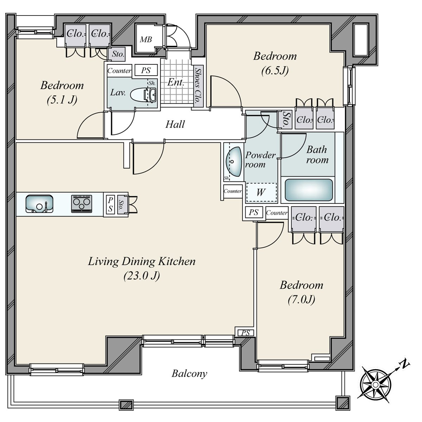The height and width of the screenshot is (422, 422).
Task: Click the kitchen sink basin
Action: tap(39, 204)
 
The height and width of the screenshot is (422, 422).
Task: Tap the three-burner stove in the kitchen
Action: tap(82, 204)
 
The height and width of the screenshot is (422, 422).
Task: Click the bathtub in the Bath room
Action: tap(309, 190)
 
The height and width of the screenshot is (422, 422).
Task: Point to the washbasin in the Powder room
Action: tap(234, 161)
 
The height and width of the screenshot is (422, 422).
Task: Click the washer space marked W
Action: tap(262, 192)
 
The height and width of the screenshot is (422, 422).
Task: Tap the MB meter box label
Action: tap(146, 40)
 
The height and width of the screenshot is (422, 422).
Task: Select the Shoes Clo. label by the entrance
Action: tap(198, 85)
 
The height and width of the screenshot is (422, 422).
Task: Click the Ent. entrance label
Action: tap(176, 82)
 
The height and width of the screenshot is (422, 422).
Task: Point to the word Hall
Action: tap(175, 124)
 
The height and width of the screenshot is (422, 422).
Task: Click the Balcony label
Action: tap(190, 374)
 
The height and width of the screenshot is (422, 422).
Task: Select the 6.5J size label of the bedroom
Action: tap(275, 71)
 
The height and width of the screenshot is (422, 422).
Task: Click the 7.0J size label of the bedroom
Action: tap(301, 300)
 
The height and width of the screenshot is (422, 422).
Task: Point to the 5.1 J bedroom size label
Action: tap(62, 100)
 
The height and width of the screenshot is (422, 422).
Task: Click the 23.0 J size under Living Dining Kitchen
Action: tap(142, 276)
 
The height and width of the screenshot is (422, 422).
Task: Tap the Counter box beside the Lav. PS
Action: tap(119, 71)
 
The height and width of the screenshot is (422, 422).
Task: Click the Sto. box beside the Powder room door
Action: tap(285, 119)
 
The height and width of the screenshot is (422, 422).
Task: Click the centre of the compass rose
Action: tap(375, 385)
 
